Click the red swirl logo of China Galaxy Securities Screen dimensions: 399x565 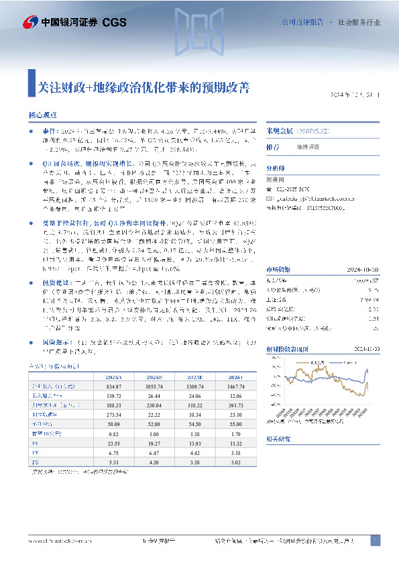tap(30, 23)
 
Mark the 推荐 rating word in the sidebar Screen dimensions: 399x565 tap(273, 146)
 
